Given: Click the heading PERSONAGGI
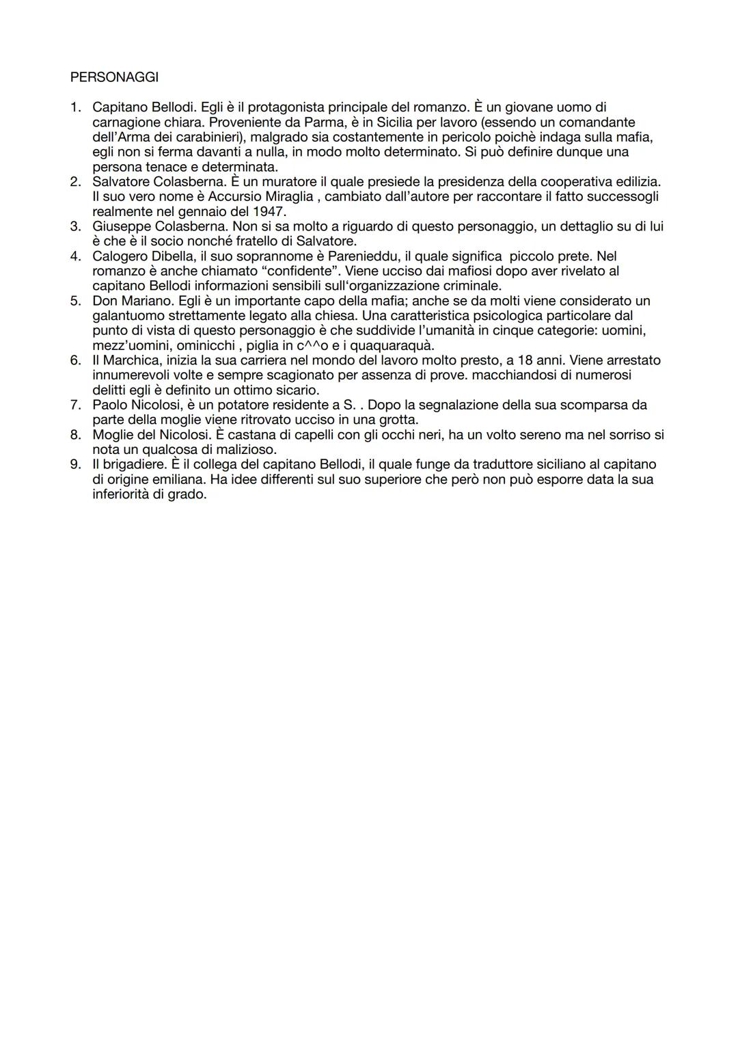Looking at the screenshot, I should point(114,77).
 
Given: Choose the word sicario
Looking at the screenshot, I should point(296,390).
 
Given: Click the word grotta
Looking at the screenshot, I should point(397,420).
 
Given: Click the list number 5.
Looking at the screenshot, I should point(75,301).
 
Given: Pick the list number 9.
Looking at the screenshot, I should point(75,465).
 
